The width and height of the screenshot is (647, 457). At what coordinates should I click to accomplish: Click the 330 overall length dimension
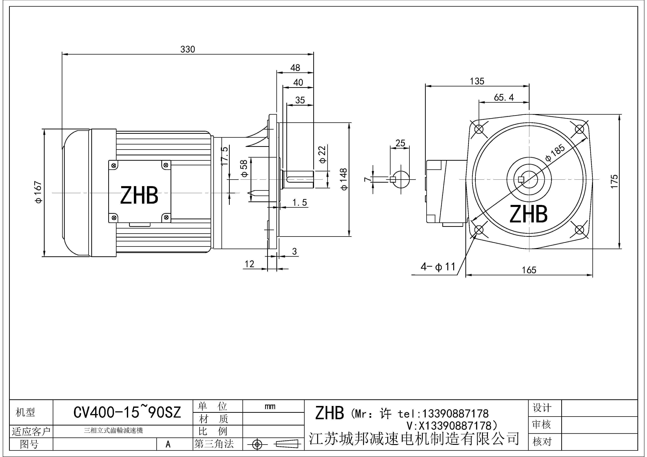click(x=188, y=49)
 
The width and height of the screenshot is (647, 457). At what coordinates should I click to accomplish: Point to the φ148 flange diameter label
click(x=344, y=179)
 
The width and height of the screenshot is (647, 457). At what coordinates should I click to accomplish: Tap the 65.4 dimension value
click(x=504, y=97)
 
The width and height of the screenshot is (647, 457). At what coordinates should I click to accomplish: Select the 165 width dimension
click(x=529, y=270)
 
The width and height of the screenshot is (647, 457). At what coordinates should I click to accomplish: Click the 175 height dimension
click(x=615, y=182)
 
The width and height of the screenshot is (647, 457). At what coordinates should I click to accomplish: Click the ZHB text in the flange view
click(x=529, y=214)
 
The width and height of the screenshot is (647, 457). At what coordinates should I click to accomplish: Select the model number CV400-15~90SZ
click(x=127, y=413)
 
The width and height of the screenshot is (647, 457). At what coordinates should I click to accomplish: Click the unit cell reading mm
click(x=270, y=406)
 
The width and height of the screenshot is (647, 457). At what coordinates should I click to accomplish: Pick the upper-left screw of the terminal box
click(x=114, y=165)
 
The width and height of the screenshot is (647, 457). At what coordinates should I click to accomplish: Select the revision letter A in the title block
click(x=168, y=444)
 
